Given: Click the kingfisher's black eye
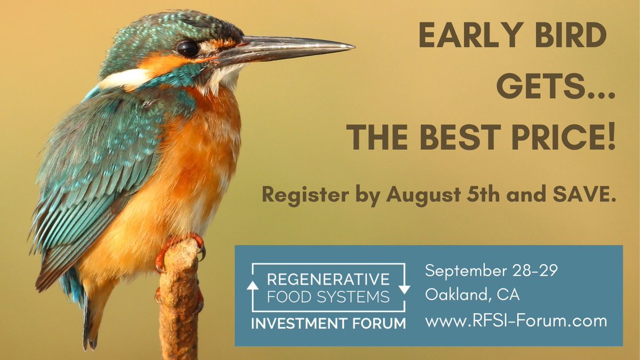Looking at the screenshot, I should [188, 49].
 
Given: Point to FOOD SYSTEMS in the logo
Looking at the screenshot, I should [327, 297].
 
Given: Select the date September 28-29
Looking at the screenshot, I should [491, 271].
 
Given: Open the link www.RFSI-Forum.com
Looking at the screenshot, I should [516, 321].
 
